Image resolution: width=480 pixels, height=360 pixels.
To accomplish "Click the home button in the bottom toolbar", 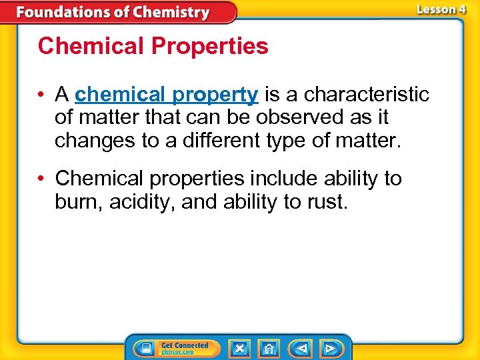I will (x=269, y=348).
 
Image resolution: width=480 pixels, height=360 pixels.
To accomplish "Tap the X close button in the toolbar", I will (x=239, y=348).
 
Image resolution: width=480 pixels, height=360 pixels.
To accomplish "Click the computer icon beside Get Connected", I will (x=144, y=348).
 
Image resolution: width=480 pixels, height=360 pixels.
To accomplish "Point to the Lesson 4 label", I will (x=441, y=9).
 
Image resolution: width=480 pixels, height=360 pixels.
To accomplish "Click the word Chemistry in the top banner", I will (x=171, y=13).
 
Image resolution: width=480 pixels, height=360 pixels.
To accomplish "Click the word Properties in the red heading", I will (x=210, y=46).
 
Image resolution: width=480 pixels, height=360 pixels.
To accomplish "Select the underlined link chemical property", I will (x=167, y=95).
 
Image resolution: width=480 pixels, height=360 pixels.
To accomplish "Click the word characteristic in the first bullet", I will (x=367, y=95).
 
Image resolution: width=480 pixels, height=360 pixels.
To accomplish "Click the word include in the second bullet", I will (x=283, y=179).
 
